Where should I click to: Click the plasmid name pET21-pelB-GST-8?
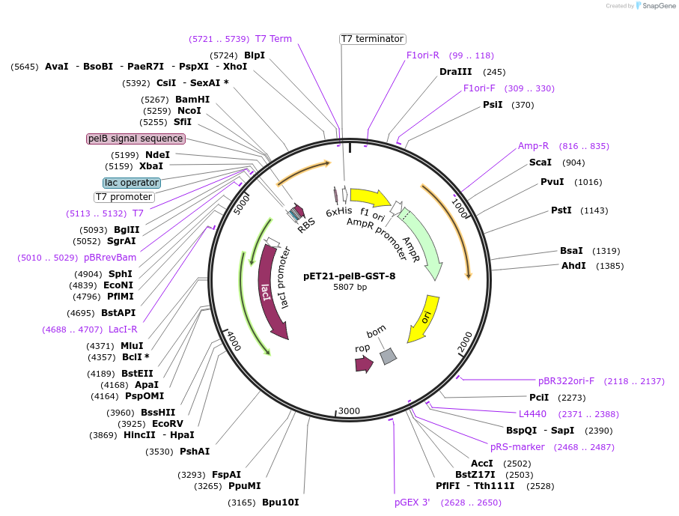click(350, 276)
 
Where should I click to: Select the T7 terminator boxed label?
click(372, 39)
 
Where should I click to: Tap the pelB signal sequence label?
click(136, 139)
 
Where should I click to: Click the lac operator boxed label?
click(132, 183)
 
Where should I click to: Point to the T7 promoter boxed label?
click(124, 197)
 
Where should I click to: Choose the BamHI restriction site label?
click(192, 100)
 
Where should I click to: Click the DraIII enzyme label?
click(455, 72)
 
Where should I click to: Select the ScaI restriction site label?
click(540, 163)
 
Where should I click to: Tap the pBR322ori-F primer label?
click(566, 381)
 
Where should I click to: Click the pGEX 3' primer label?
click(412, 503)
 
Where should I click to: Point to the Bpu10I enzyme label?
click(280, 503)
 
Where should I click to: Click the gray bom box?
click(388, 356)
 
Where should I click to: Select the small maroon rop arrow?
click(364, 365)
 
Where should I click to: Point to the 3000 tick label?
click(349, 411)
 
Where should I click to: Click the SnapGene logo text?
click(657, 6)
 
